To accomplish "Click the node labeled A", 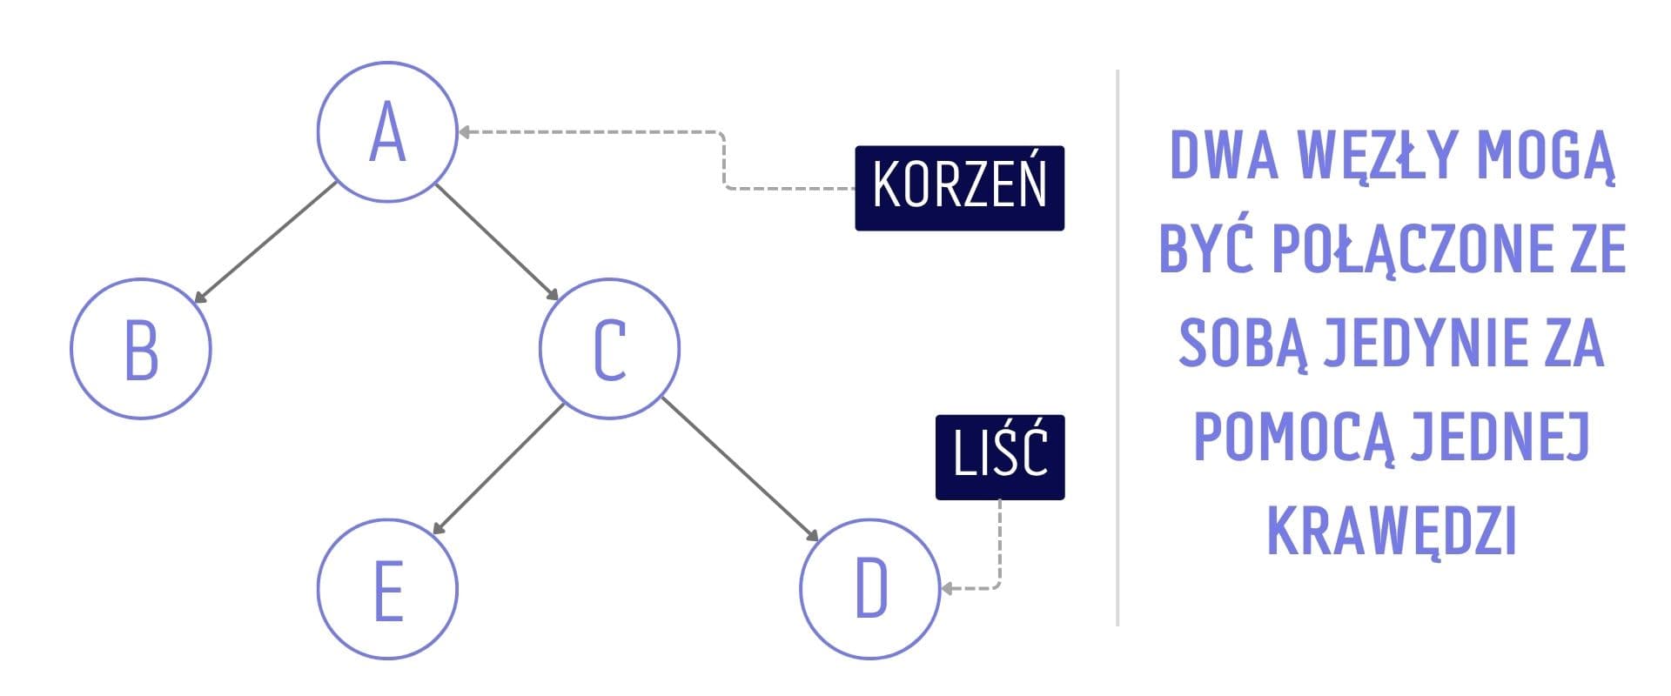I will click(387, 132).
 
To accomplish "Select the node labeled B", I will click(141, 348).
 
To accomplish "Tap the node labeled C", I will click(609, 348).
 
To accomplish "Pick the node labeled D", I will click(870, 589).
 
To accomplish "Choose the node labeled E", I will click(387, 589).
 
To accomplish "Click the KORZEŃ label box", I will click(959, 188).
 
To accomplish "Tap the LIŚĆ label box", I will click(1000, 457).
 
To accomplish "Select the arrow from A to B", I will click(265, 243).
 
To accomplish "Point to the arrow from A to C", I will click(497, 242).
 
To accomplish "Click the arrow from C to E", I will click(499, 469).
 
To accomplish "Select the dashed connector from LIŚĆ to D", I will click(999, 548).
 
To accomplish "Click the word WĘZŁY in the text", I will click(1376, 155).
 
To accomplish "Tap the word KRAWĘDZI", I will click(1392, 531).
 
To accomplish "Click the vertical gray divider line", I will click(1117, 348).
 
